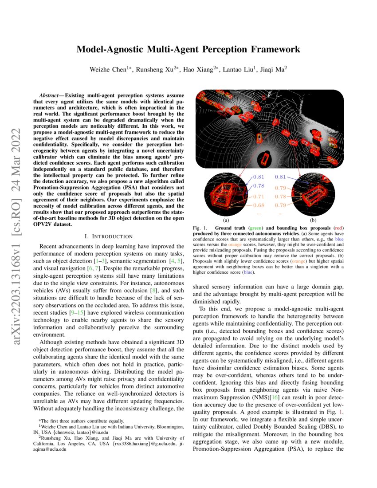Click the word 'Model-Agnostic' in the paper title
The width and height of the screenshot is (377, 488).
111,49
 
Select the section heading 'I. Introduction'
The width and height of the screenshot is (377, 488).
110,236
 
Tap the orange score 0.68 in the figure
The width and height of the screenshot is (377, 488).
259,205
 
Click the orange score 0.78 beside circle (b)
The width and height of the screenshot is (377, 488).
280,196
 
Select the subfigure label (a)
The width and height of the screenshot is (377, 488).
226,220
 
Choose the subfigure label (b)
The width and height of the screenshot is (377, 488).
314,220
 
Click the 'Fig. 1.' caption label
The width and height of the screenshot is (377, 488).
200,228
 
